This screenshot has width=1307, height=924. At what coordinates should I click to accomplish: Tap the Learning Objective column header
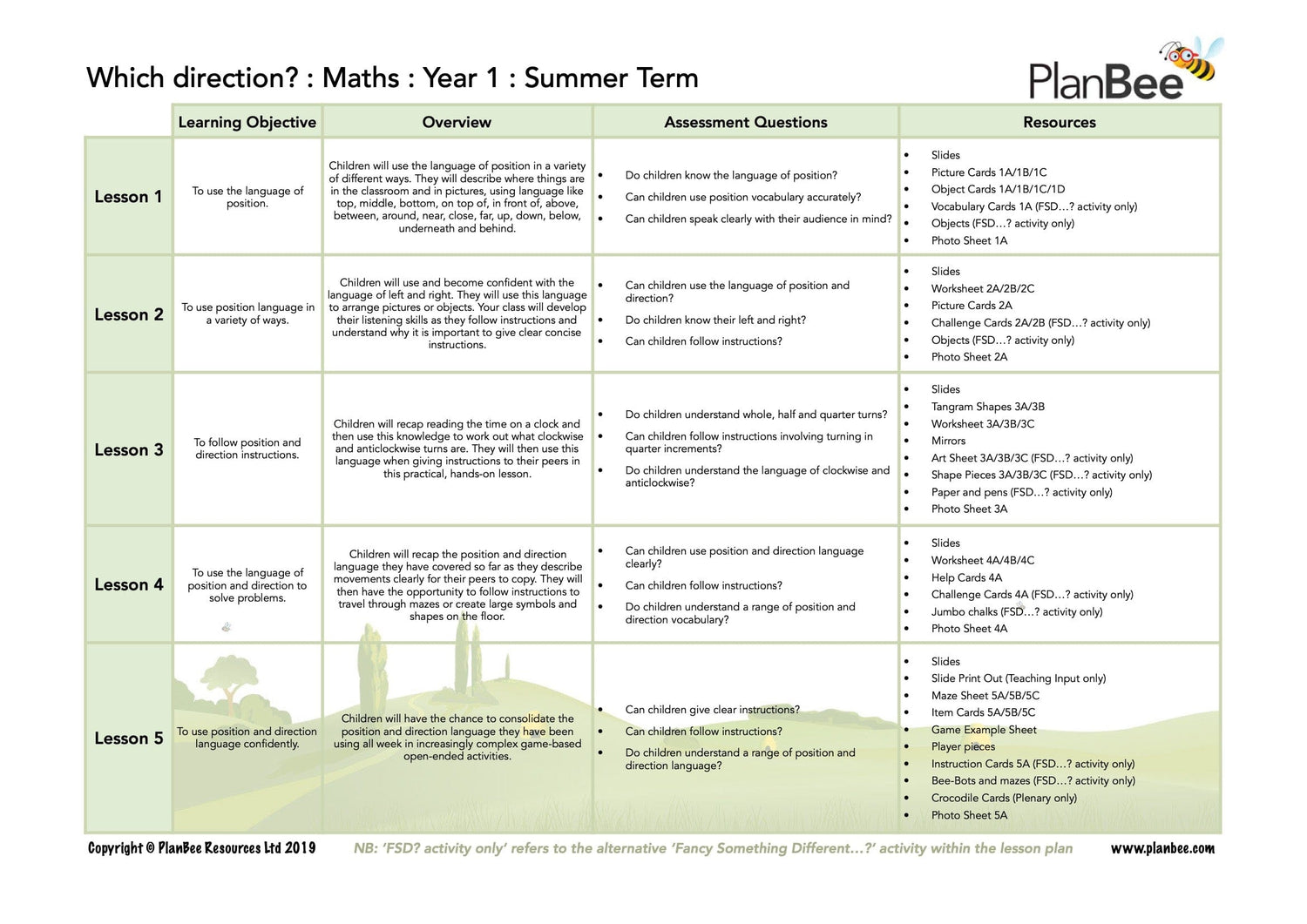tap(247, 123)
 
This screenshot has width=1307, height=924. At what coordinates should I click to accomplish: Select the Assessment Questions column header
tap(745, 123)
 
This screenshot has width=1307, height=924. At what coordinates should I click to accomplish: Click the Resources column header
tap(1059, 123)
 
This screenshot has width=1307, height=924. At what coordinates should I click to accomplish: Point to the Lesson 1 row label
tap(128, 198)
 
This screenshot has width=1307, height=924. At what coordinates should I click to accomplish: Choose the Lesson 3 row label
tap(128, 450)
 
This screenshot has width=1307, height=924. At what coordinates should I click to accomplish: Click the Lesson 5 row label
tap(128, 739)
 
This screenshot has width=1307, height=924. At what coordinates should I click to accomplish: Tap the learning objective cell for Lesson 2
tap(247, 314)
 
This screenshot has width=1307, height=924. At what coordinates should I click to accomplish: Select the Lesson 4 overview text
tap(457, 585)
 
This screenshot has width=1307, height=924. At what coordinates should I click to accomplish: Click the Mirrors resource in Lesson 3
tap(948, 441)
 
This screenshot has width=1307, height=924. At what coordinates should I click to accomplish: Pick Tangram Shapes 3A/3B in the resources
tap(987, 407)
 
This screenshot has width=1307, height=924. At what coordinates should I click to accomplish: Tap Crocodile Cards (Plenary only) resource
tap(1003, 798)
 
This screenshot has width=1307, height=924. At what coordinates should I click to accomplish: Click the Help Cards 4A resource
tap(966, 577)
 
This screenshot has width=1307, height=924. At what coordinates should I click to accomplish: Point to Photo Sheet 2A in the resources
tap(969, 357)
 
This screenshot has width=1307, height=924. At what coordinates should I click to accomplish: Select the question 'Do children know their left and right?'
tap(715, 320)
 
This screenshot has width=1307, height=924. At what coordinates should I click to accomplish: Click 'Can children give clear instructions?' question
tap(712, 710)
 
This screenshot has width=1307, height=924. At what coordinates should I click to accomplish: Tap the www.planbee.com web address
tap(1161, 849)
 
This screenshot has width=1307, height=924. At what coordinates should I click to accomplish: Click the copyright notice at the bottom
tap(201, 849)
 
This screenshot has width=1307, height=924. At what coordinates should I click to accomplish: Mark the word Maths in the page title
tap(361, 78)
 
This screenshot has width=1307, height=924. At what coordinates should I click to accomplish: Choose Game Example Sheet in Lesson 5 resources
tap(984, 730)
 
